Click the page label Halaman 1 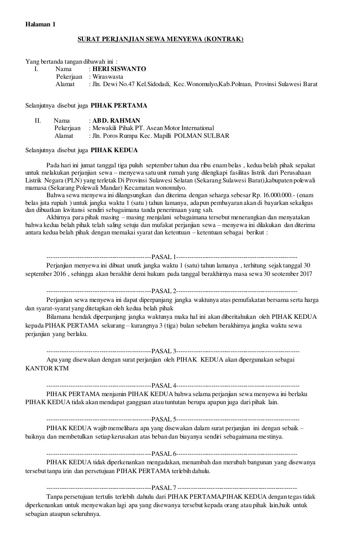(40, 25)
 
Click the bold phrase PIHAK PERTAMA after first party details (119, 105)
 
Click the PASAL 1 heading (163, 257)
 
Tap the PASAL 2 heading (163, 291)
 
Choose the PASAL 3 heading (163, 351)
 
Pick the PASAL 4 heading (163, 385)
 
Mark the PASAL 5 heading (163, 419)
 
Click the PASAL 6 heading (163, 453)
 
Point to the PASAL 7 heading (163, 488)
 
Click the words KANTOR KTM (47, 368)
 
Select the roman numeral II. (38, 121)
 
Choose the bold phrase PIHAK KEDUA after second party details (114, 150)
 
